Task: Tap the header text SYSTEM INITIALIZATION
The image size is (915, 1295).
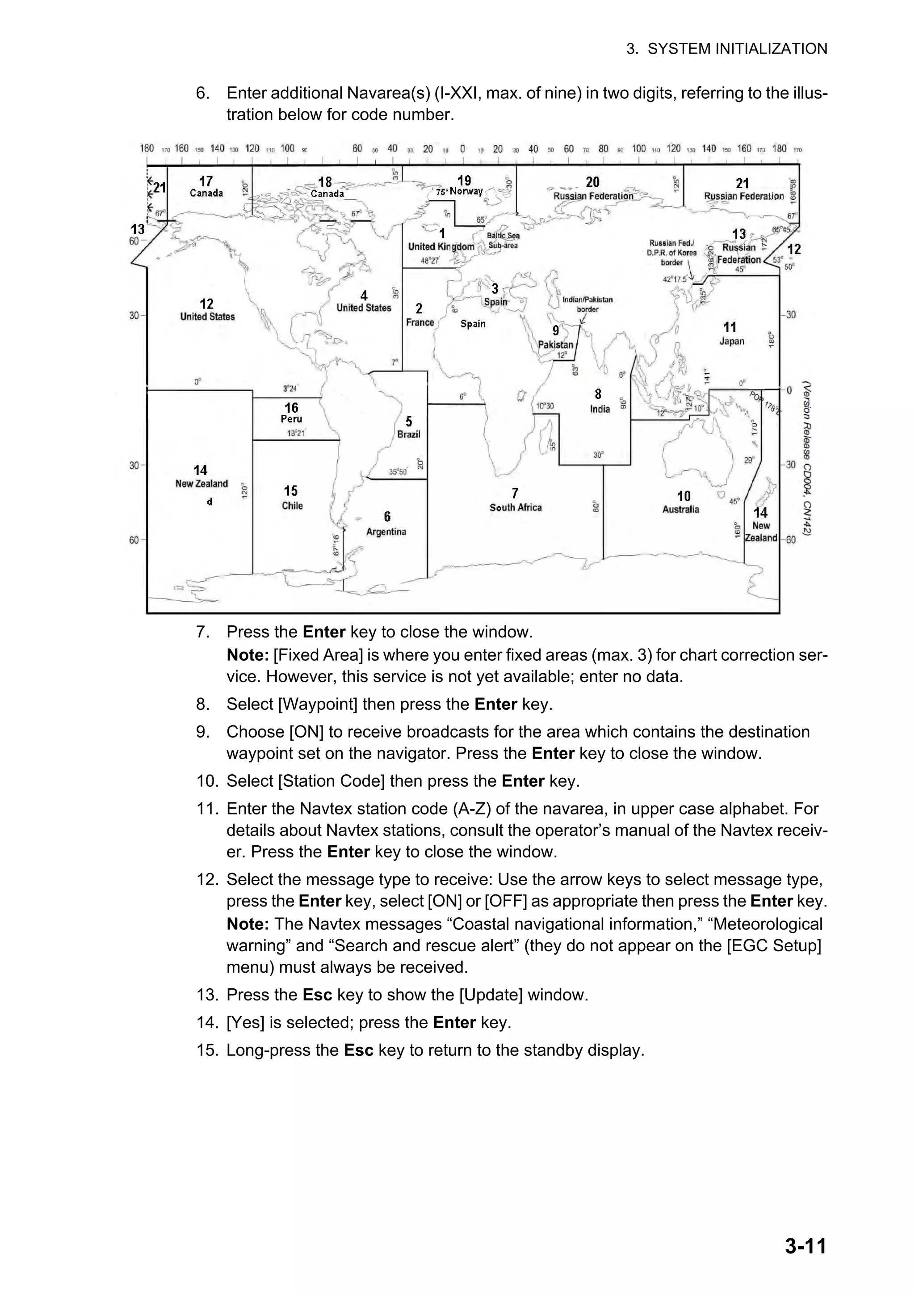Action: coord(737,49)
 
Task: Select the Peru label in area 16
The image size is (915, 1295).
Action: coord(291,419)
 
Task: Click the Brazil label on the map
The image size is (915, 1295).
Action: coord(409,434)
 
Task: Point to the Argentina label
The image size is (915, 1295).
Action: coord(386,532)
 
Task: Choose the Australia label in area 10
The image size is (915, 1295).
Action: coord(680,509)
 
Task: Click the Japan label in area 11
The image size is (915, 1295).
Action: coord(732,341)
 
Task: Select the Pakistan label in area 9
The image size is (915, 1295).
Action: coord(555,345)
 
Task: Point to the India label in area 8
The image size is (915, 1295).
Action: coord(600,409)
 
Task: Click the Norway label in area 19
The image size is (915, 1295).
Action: coord(466,191)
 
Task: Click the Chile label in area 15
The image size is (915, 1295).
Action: coord(292,506)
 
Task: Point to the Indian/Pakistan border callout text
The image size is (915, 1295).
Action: coord(588,304)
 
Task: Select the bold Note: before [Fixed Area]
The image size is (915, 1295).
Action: coord(248,655)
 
